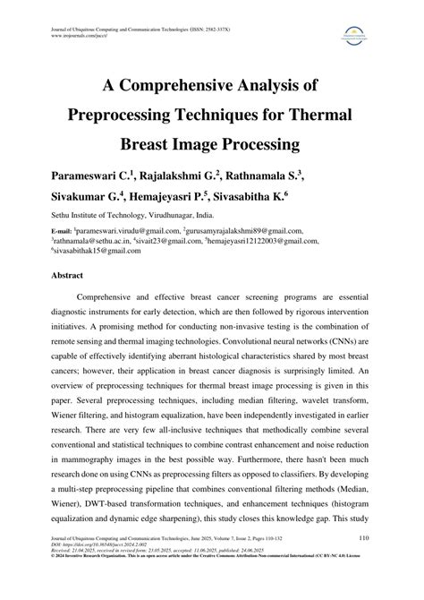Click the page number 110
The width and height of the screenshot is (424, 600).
365,562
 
